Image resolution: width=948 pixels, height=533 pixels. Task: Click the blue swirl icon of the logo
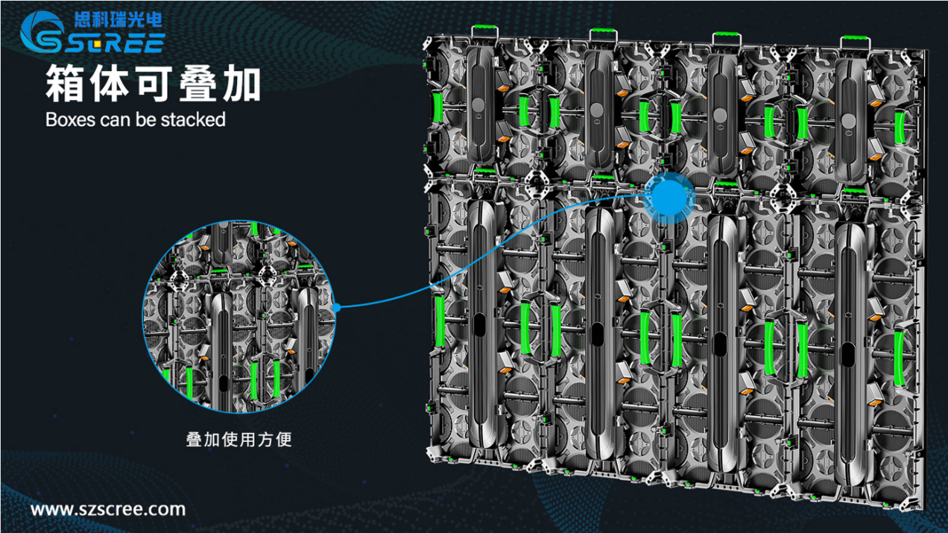[x=41, y=32]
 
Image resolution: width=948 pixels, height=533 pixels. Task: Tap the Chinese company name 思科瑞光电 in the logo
[x=118, y=20]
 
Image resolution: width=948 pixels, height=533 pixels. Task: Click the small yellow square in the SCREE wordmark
[x=98, y=43]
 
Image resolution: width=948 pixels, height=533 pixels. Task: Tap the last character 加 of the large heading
[x=241, y=83]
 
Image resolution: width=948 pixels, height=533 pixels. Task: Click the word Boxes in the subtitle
[x=70, y=120]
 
